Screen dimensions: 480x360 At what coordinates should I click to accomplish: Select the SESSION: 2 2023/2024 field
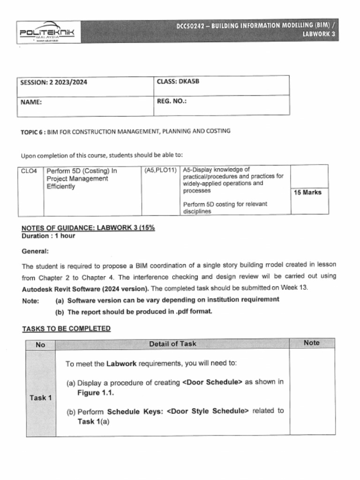tap(53, 82)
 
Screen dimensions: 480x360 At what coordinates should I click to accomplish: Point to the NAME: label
tap(31, 102)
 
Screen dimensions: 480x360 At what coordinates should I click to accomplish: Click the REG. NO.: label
tap(172, 101)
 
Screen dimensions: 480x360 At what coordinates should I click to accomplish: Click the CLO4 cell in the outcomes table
tap(29, 171)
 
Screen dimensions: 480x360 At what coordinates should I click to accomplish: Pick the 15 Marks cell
tap(307, 192)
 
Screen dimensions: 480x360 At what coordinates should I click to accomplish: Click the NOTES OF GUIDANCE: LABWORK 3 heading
tap(88, 228)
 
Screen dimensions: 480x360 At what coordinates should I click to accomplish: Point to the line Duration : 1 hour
tap(48, 236)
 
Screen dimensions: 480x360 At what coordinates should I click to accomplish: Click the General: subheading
tap(35, 251)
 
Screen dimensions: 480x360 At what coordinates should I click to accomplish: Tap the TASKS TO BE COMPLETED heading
tap(67, 329)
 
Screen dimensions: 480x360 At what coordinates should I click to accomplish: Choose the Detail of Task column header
tap(172, 344)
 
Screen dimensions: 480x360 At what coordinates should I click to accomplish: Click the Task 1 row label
tap(40, 397)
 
